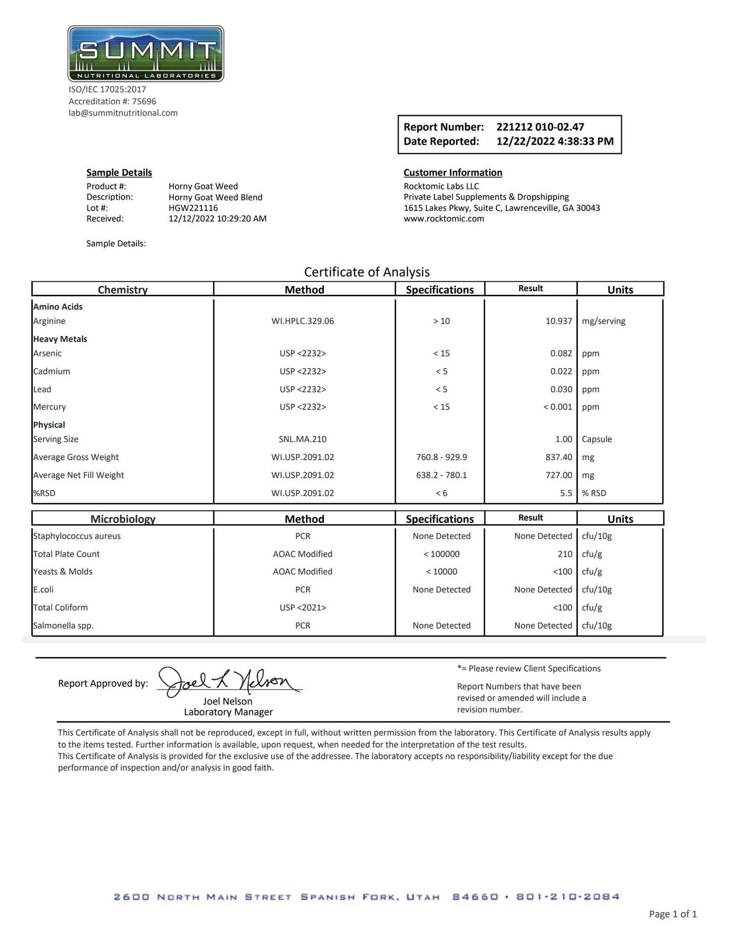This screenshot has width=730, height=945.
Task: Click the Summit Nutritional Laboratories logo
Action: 145,54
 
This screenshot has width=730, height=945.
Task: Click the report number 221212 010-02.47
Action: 540,127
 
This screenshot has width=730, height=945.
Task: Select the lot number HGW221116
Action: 193,208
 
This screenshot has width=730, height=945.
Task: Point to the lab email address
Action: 123,113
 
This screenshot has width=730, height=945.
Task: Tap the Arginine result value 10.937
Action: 558,321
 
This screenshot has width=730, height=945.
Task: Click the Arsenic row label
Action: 47,353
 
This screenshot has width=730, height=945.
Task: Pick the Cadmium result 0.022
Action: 561,371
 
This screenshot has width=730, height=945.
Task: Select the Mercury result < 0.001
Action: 557,407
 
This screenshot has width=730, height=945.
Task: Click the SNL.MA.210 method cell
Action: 303,439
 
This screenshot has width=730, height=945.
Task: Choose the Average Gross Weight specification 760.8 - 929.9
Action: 441,457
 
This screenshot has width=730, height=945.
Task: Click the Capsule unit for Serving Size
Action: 597,439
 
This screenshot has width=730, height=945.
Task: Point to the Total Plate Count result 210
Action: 565,554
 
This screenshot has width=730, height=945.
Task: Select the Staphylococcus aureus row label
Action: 77,536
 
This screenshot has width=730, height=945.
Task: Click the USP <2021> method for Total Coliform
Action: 303,608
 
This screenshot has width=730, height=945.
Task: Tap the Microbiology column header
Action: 123,519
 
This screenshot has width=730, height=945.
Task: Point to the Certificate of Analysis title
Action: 367,272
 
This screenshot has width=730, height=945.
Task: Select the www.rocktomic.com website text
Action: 444,219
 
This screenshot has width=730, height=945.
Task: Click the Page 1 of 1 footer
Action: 672,914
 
